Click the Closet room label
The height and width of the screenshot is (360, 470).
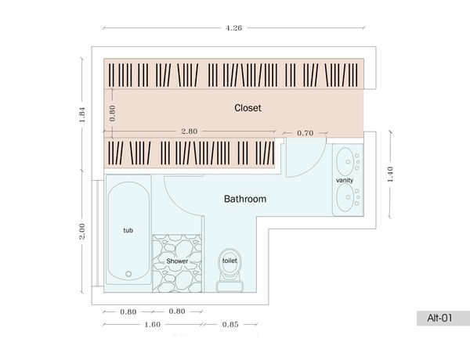click(248, 108)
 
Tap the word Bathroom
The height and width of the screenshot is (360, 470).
click(245, 199)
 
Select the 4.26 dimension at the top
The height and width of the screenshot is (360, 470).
click(233, 28)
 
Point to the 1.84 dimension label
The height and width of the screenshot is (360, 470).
click(82, 114)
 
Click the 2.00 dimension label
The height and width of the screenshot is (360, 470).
click(82, 231)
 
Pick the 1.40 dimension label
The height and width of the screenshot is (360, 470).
click(390, 174)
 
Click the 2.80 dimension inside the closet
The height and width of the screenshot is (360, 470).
click(189, 131)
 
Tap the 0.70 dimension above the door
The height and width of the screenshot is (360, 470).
click(305, 133)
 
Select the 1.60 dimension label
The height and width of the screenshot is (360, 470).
click(152, 325)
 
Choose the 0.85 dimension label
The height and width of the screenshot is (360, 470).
click(230, 325)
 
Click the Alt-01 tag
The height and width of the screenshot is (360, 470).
click(439, 318)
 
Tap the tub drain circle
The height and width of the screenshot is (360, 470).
click(128, 274)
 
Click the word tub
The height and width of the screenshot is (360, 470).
click(128, 230)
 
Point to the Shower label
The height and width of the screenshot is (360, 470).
click(177, 261)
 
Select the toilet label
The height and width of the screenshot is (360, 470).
click(230, 261)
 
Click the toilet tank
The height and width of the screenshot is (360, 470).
click(230, 286)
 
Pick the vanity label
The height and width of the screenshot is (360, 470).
click(345, 180)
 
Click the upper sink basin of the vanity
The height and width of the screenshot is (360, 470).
click(345, 161)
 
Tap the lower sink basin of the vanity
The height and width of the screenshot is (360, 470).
click(345, 197)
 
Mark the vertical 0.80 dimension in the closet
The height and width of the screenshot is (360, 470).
click(112, 113)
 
